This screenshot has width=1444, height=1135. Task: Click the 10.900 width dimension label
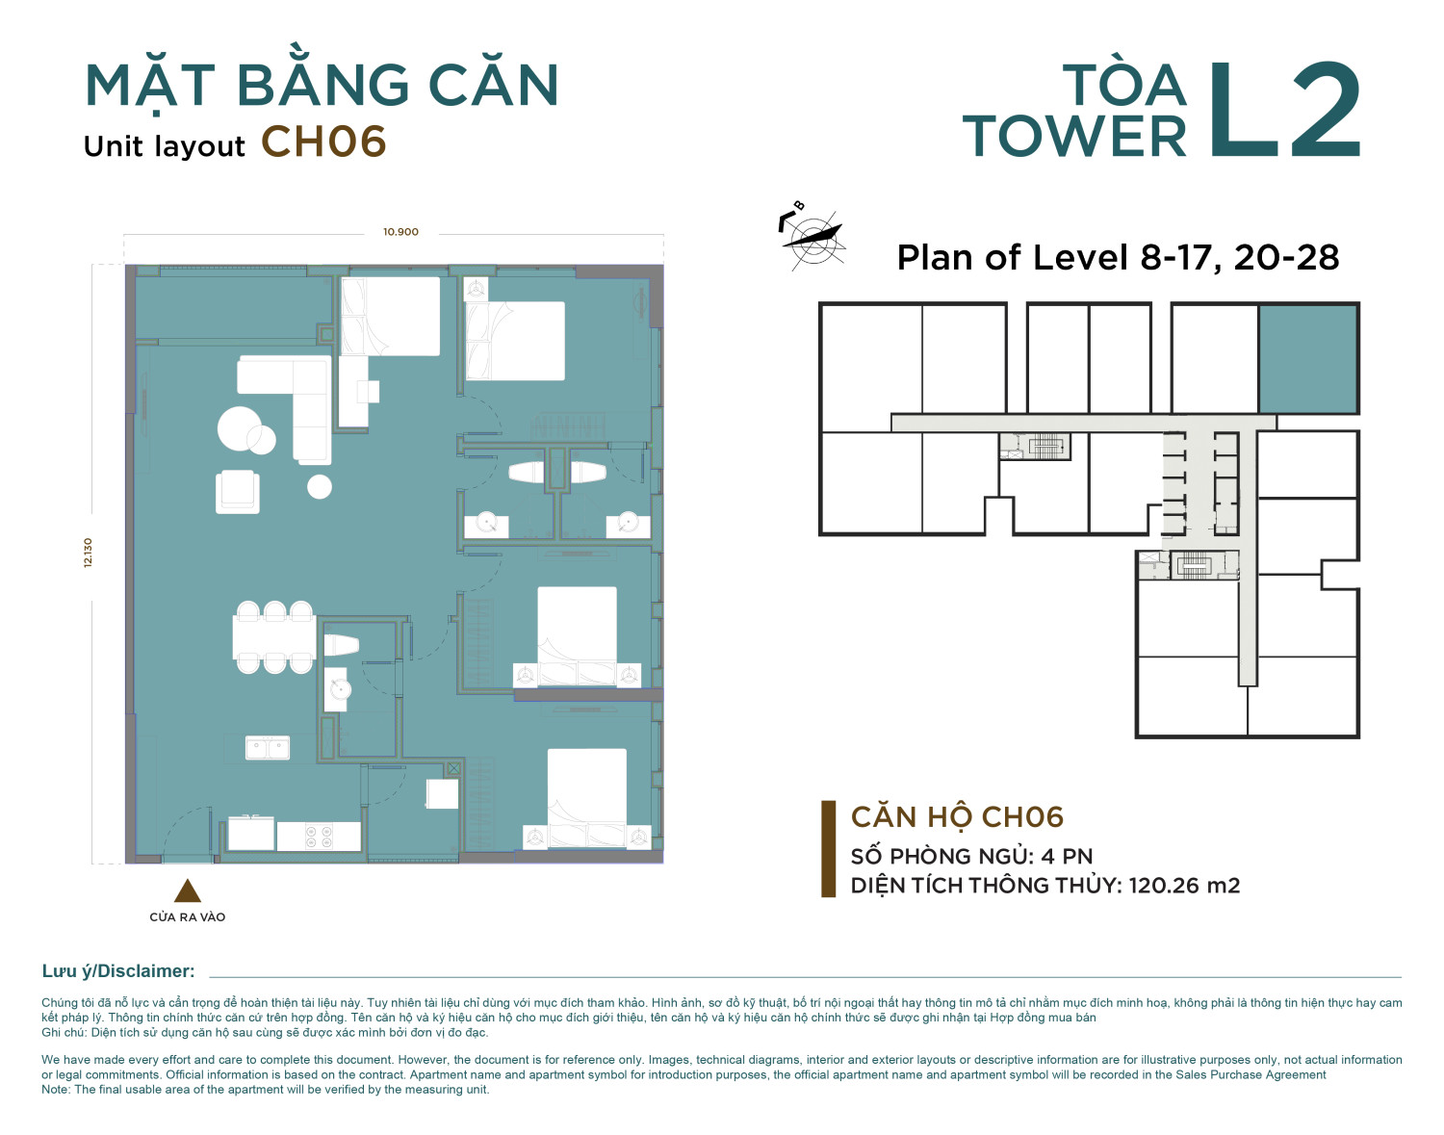pos(400,232)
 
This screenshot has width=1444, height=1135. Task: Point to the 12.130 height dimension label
pos(89,553)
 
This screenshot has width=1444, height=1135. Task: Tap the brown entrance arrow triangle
pos(188,890)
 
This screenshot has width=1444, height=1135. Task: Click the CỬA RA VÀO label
pos(188,917)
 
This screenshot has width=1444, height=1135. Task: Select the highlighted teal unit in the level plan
pos(1307,359)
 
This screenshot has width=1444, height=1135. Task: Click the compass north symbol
pos(812,237)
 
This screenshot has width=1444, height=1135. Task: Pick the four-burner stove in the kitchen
pos(319,836)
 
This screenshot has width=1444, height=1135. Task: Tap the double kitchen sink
pos(267,748)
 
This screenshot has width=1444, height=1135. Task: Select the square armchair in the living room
pos(237,492)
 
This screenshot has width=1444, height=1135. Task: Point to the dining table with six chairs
pos(273,637)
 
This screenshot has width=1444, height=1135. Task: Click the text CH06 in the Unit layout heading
pos(323,142)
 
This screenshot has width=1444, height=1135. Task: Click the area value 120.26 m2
pos(1184,885)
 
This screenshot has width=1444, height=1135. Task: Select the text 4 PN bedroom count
pos(1067,856)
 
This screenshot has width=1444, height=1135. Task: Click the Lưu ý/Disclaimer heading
pos(118,971)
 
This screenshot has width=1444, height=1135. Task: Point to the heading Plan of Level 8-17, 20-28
pos(1118,257)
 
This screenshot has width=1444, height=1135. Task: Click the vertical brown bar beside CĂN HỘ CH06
pos(828,849)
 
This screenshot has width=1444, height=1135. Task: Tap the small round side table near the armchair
pos(320,486)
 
